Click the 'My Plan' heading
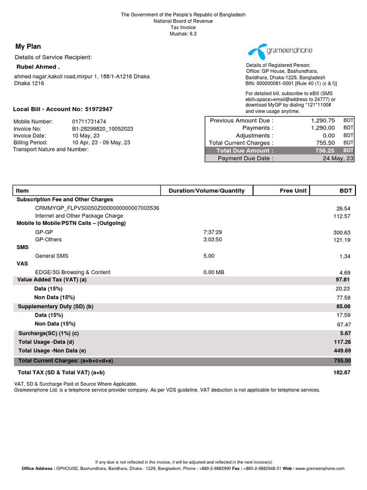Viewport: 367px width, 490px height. [x=28, y=46]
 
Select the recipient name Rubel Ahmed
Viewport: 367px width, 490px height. [x=38, y=67]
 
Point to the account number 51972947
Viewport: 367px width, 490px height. [x=99, y=109]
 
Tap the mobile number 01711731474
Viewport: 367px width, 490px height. [x=89, y=122]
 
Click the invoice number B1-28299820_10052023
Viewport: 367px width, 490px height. [x=103, y=129]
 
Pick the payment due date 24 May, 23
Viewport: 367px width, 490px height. [x=338, y=158]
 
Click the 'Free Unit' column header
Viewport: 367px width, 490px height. [x=293, y=190]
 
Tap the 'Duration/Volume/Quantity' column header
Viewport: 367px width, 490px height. [x=206, y=190]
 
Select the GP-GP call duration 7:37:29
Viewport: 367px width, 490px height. [x=213, y=232]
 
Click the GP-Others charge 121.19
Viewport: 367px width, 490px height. [x=342, y=240]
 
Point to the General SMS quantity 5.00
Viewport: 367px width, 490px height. [x=209, y=256]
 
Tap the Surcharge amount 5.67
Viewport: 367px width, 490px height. [x=345, y=333]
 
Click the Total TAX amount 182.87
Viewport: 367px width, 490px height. [x=341, y=372]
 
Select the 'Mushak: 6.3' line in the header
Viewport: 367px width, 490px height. [x=183, y=34]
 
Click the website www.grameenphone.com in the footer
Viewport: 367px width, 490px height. [x=320, y=468]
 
